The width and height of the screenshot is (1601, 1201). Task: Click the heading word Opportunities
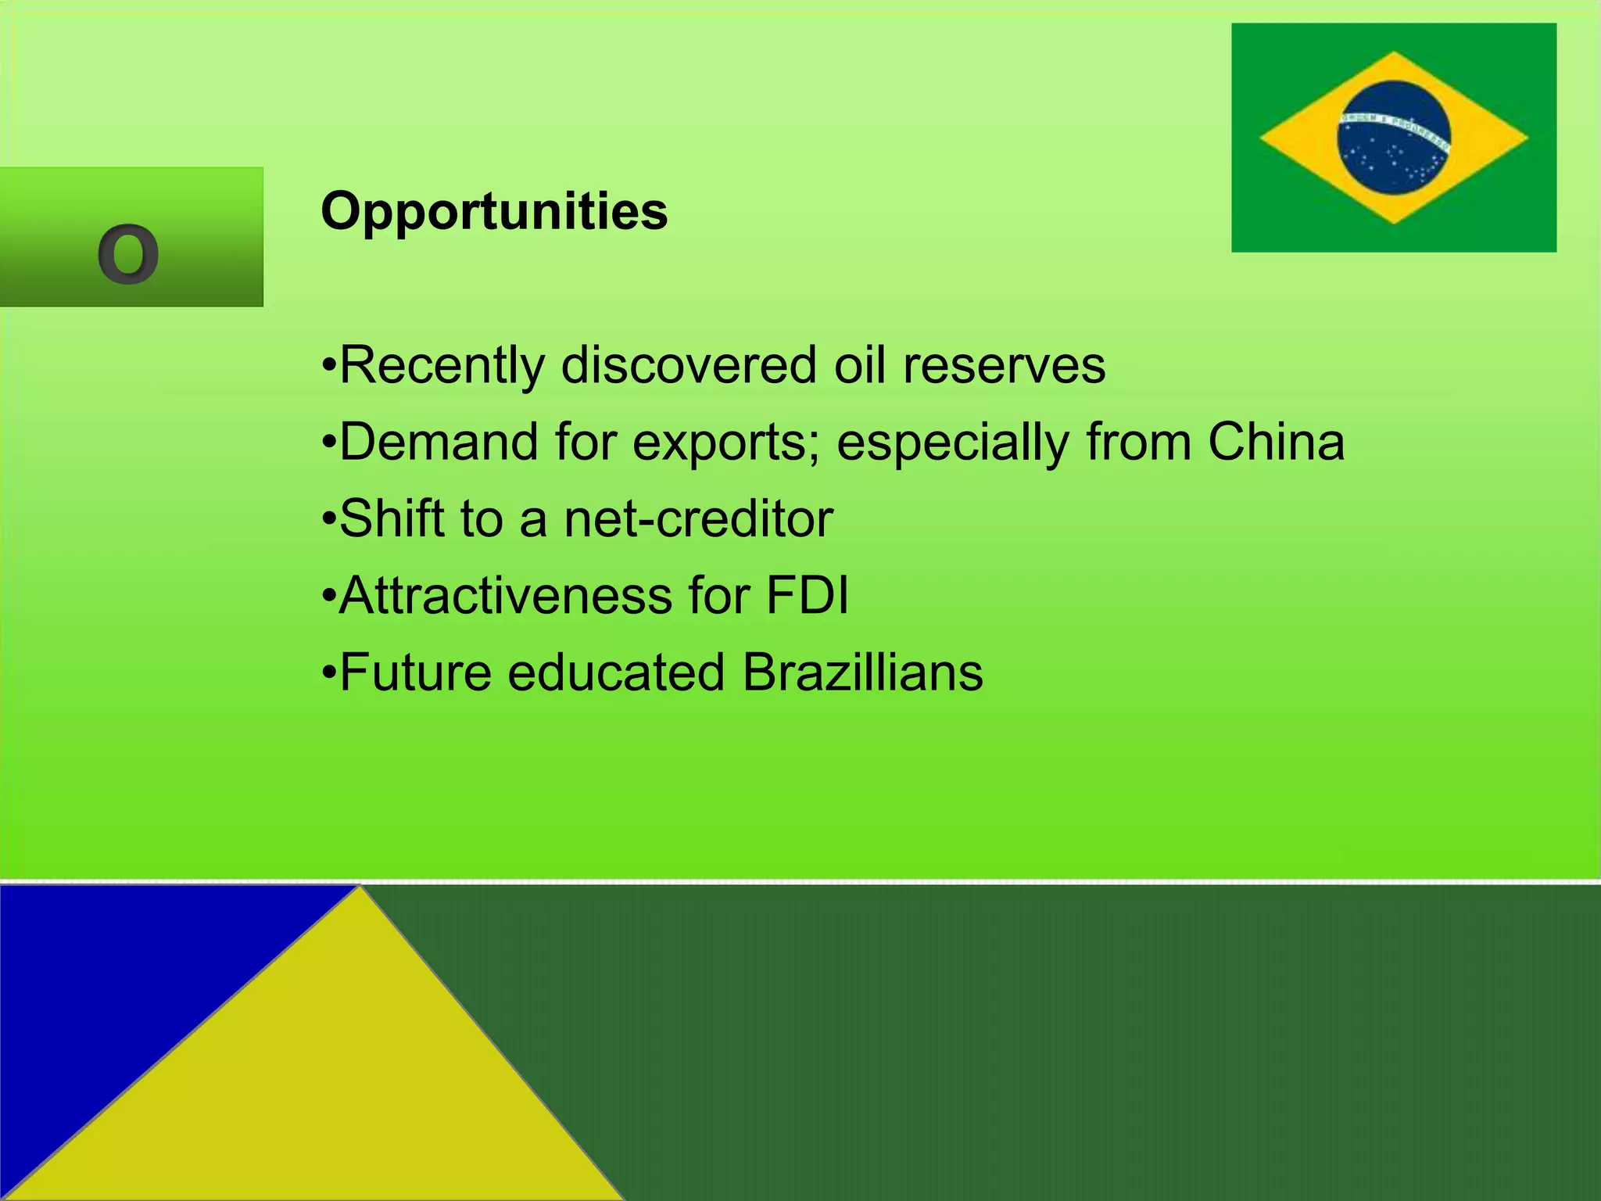(x=494, y=212)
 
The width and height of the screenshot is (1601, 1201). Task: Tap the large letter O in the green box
(x=128, y=254)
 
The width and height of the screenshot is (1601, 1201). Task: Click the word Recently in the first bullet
(x=442, y=366)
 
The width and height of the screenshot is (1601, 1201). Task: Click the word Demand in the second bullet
(x=439, y=442)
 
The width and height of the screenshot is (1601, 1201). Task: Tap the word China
(x=1275, y=442)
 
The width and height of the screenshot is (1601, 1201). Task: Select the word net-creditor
(x=698, y=519)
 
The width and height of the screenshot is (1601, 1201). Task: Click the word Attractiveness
(x=505, y=596)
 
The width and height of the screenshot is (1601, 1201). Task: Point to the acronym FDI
(x=806, y=596)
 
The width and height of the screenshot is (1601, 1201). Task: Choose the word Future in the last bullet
(x=415, y=672)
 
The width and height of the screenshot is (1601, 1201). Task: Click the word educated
(x=616, y=672)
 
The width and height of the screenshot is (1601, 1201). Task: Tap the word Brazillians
(x=862, y=672)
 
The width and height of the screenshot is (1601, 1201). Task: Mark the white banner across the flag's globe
(x=1394, y=125)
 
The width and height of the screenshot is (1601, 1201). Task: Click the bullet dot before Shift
(x=328, y=520)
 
